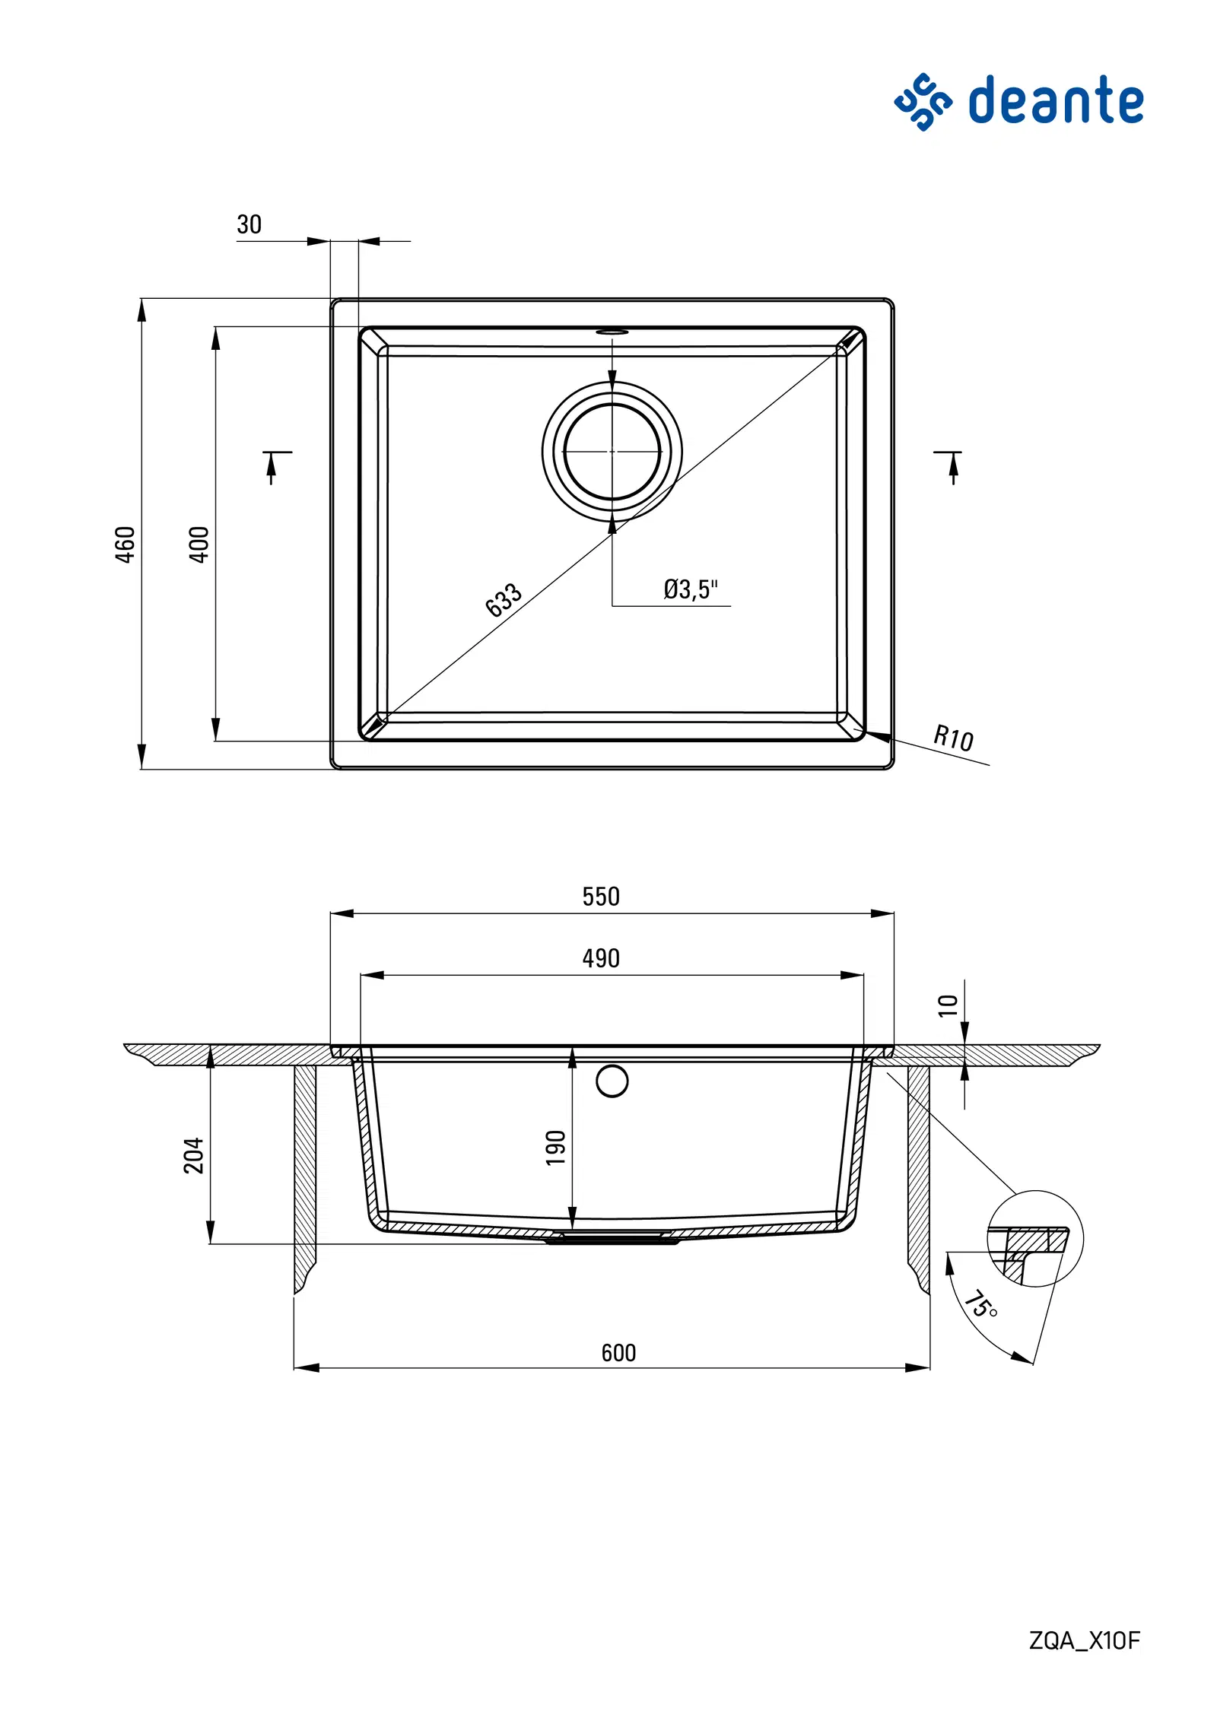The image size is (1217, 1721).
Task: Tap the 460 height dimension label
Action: coord(125,545)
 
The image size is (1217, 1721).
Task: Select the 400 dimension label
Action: coord(199,545)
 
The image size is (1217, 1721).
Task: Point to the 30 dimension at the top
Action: coord(249,224)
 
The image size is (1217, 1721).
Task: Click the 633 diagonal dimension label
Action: coord(504,600)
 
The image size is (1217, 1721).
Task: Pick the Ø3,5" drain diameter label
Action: coord(691,589)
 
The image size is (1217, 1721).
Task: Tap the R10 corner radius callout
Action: coord(953,738)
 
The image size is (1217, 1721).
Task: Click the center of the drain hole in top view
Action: coord(612,452)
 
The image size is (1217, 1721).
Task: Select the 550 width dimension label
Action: coord(601,897)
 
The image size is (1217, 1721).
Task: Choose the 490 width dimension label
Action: coord(601,958)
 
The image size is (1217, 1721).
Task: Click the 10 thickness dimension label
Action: coord(948,1005)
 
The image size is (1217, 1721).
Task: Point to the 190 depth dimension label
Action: coord(556,1148)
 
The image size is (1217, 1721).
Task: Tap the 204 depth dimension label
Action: coord(194,1156)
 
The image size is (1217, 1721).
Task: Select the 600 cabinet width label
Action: coord(618,1353)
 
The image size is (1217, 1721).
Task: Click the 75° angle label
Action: coord(981,1304)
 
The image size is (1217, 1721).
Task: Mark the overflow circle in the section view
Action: coord(612,1081)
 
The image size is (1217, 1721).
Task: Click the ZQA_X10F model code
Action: coord(1085,1641)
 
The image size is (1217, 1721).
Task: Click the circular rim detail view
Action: coord(1035,1239)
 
